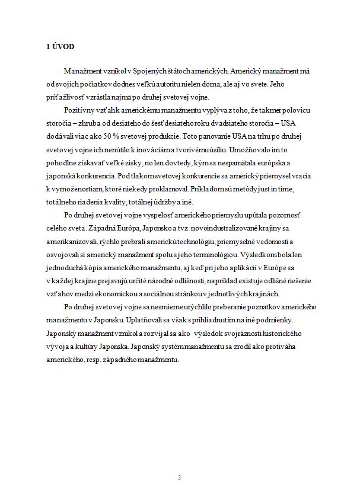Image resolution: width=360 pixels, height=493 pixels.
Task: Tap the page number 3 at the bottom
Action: tap(180, 476)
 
